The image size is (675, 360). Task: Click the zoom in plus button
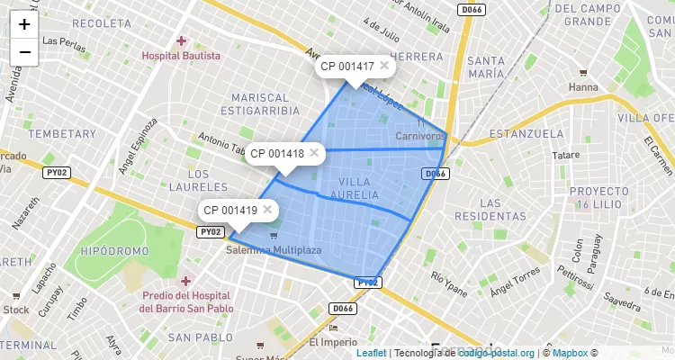point(24,25)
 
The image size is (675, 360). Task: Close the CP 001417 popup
point(384,66)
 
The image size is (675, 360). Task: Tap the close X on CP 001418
point(314,153)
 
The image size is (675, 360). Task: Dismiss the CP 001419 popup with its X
point(267,210)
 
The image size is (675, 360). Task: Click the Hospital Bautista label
point(181,56)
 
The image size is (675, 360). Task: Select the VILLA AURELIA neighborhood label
point(360,188)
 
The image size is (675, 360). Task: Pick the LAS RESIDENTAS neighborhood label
point(490,210)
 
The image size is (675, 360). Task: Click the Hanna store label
point(583,87)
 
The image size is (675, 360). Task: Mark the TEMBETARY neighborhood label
point(62,133)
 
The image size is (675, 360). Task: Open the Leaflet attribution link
point(371,353)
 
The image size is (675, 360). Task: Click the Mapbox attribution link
point(569,353)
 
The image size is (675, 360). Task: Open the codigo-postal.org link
point(497,353)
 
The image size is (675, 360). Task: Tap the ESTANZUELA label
point(526,134)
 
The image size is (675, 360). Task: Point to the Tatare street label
point(566,155)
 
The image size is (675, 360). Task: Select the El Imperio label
point(332,342)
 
